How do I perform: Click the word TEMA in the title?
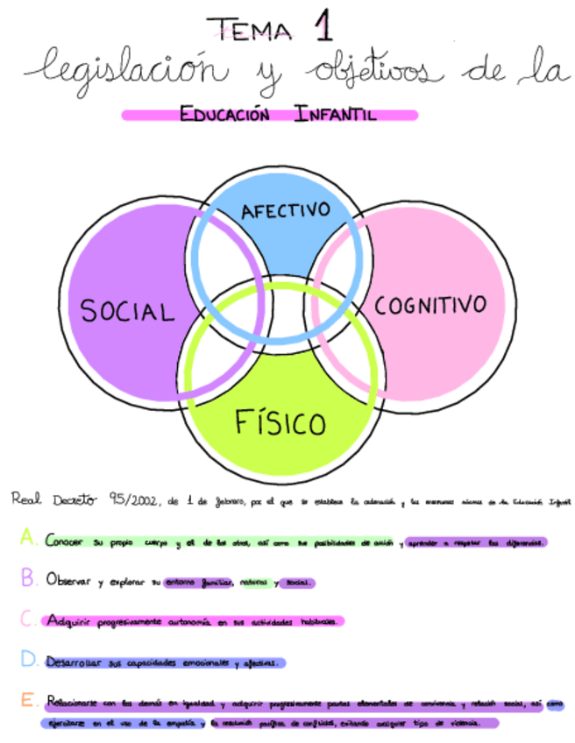[255, 31]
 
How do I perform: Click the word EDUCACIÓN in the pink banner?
[224, 114]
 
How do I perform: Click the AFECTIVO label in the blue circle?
[285, 211]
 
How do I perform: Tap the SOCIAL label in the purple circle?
[127, 311]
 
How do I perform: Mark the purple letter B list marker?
[29, 578]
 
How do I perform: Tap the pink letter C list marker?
[29, 619]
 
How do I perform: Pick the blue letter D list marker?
[29, 659]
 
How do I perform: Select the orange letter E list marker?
[29, 701]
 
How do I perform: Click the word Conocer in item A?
[65, 541]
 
